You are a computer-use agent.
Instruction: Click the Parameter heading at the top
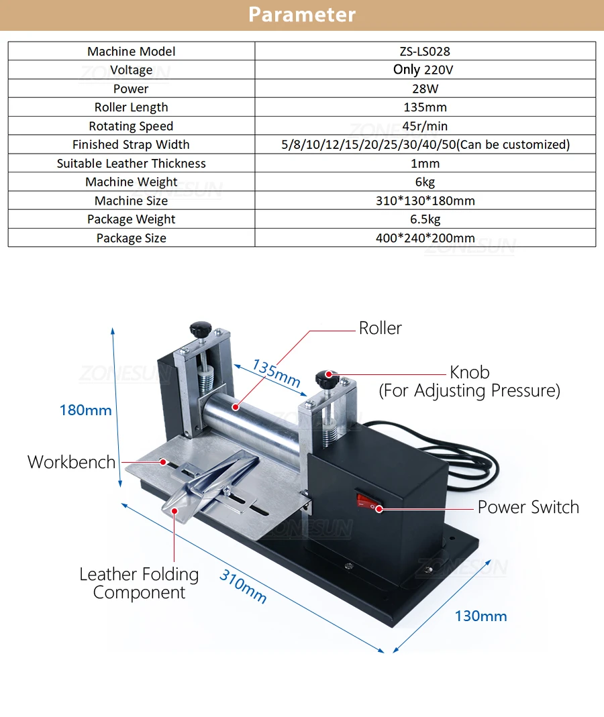tap(302, 15)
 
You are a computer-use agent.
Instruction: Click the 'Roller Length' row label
tap(132, 107)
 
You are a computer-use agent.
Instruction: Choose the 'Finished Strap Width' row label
tap(132, 145)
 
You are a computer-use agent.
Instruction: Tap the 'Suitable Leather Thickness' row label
tap(132, 164)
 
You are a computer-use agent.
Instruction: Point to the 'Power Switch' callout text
tap(528, 507)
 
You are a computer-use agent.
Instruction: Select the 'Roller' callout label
tap(380, 328)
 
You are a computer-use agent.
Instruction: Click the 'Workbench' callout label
tap(71, 462)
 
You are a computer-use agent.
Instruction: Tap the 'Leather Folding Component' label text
tap(139, 584)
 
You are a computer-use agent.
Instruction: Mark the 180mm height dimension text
tap(85, 410)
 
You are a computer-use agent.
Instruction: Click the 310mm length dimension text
tap(243, 586)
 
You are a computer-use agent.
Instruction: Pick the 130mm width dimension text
tap(481, 616)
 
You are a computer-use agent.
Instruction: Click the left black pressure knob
tap(200, 329)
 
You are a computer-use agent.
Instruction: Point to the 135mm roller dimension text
tap(276, 372)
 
